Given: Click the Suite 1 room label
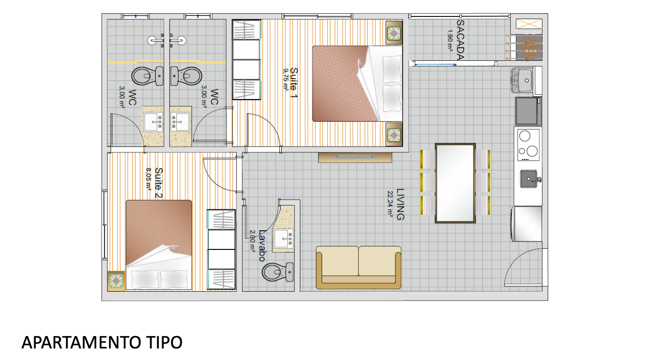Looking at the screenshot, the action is coord(294,83).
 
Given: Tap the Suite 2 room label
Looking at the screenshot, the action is coord(159,183).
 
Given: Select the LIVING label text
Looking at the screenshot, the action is coord(400,204).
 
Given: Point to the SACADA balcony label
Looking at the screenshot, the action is coord(460,40).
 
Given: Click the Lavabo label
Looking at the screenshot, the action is coord(262,245).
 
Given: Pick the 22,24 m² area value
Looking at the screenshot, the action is coord(390,203).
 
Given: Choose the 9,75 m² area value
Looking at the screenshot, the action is coord(285,79).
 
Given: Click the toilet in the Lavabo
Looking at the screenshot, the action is coord(278,272).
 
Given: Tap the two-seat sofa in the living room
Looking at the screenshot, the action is coord(358,267).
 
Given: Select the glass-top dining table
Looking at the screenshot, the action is coord(455,183).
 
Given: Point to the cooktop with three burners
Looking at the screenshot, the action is coord(528,145).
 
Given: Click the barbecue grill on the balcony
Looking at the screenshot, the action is coord(529,47).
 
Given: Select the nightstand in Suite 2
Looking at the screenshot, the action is coord(116,281).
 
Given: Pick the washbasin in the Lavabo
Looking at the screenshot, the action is coord(283,238).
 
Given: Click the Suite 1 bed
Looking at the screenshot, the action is coord(357,83).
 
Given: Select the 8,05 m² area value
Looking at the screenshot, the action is coord(148,179).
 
